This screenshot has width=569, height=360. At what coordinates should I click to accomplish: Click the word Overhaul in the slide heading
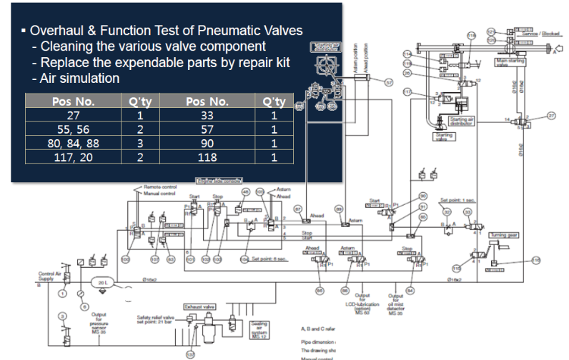59,31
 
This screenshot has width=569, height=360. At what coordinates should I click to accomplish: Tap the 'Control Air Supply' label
48,276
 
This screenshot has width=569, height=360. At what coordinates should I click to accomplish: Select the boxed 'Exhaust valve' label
198,306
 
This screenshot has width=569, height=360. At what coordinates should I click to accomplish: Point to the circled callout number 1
62,294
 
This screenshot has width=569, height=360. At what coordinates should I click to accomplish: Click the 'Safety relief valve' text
156,316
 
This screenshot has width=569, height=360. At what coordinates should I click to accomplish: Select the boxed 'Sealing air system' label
259,330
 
